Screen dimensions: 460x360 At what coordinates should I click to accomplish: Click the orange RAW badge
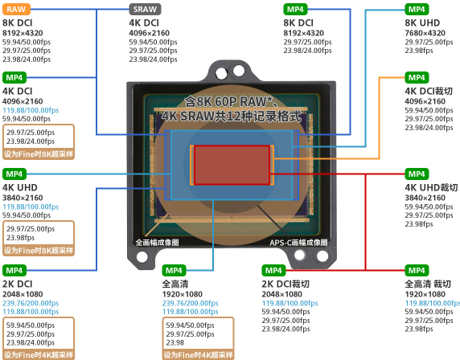click(16, 10)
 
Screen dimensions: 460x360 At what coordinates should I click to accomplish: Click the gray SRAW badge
click(145, 10)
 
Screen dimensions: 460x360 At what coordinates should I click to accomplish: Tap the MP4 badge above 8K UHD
click(417, 10)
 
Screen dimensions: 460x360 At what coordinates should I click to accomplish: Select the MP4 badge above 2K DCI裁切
click(273, 270)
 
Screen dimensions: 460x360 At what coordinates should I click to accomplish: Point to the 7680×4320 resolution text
click(425, 33)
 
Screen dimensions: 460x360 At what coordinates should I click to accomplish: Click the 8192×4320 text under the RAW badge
click(23, 33)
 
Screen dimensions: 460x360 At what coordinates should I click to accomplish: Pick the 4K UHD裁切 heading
click(431, 187)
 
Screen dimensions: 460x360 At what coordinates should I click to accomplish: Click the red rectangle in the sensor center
click(232, 165)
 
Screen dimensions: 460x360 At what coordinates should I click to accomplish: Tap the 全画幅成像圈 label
click(158, 243)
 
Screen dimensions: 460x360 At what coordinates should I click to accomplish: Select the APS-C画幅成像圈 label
click(298, 243)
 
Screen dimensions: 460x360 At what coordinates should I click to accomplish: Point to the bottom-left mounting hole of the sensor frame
click(142, 257)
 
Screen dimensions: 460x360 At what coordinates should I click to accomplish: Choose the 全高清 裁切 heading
click(428, 284)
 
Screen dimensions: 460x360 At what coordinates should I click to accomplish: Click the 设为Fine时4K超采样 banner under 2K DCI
click(39, 355)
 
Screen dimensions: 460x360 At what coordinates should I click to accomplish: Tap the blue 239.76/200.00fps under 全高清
click(190, 303)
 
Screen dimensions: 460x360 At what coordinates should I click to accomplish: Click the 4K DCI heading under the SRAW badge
click(144, 22)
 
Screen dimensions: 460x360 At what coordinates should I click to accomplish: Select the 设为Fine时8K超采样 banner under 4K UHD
click(39, 251)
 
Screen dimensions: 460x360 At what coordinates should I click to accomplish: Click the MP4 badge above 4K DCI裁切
click(417, 78)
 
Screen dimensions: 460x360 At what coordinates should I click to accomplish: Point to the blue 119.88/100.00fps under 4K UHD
click(31, 207)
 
